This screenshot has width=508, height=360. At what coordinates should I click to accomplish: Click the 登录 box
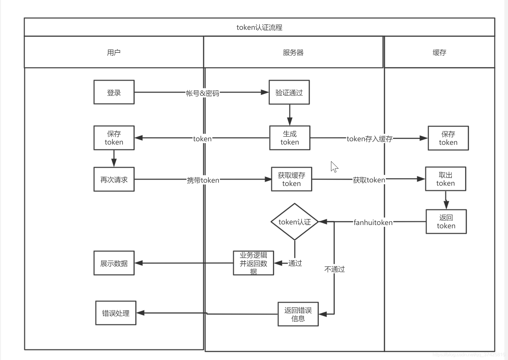[114, 92]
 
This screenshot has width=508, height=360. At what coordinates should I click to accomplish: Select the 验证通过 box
[289, 92]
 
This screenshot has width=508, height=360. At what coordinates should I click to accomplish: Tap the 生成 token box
[290, 138]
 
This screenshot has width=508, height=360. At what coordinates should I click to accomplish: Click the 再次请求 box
[114, 179]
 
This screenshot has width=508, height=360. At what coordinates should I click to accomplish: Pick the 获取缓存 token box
[291, 179]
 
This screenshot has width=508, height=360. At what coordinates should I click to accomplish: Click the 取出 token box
[445, 179]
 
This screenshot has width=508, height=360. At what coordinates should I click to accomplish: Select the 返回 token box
[446, 221]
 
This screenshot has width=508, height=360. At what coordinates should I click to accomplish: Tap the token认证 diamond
[295, 222]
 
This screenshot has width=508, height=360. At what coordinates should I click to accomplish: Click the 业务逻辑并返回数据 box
[253, 263]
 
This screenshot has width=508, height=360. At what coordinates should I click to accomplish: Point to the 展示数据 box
[114, 263]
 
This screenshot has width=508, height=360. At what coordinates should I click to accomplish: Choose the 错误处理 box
[116, 313]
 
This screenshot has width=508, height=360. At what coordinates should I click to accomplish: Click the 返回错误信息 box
[298, 314]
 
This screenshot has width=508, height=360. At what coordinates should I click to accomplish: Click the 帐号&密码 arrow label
[203, 93]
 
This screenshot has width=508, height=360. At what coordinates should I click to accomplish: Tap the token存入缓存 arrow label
[370, 139]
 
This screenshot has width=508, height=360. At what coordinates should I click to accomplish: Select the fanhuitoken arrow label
[373, 222]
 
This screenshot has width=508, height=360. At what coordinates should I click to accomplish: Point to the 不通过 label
[335, 269]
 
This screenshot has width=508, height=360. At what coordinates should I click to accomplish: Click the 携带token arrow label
[203, 180]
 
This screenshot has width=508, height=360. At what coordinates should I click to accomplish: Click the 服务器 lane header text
[293, 52]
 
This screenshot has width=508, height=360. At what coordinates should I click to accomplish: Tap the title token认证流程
[260, 27]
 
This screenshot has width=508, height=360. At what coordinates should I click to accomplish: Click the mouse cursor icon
[334, 167]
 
